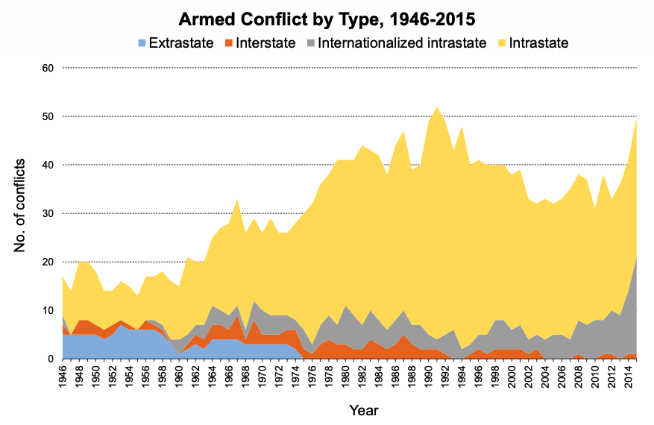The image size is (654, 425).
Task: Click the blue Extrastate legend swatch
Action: pos(142,43)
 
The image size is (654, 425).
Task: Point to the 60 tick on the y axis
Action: pos(48,68)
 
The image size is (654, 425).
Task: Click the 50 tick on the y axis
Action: pos(48,116)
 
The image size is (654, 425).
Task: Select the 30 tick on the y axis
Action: pos(48,213)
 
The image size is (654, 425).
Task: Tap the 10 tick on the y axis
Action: pos(48,310)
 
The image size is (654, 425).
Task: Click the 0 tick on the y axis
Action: pos(51,359)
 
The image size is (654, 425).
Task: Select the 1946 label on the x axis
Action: pos(63,376)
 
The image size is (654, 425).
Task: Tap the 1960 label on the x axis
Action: pos(179,376)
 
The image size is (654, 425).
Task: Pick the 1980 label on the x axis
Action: pos(345,376)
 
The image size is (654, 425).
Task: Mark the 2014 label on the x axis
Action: pos(628,376)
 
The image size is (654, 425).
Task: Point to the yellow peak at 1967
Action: pos(237,198)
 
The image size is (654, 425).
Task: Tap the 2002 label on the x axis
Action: pos(528,376)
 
